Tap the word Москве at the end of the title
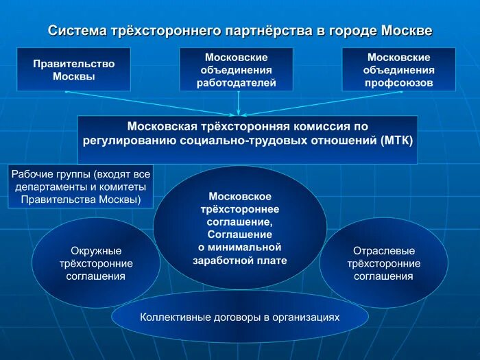click(x=407, y=31)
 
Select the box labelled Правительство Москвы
click(x=73, y=69)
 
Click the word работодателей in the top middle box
click(x=236, y=83)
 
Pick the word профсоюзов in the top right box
click(x=398, y=83)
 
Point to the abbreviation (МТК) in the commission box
click(x=396, y=141)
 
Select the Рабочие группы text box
click(x=80, y=187)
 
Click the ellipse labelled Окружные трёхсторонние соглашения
click(x=96, y=263)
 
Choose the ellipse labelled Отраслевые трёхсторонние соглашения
click(x=383, y=263)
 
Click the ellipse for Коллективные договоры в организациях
click(x=239, y=317)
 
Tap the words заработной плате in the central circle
click(x=239, y=260)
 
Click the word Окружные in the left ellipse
click(x=96, y=250)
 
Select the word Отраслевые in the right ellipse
click(x=383, y=250)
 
